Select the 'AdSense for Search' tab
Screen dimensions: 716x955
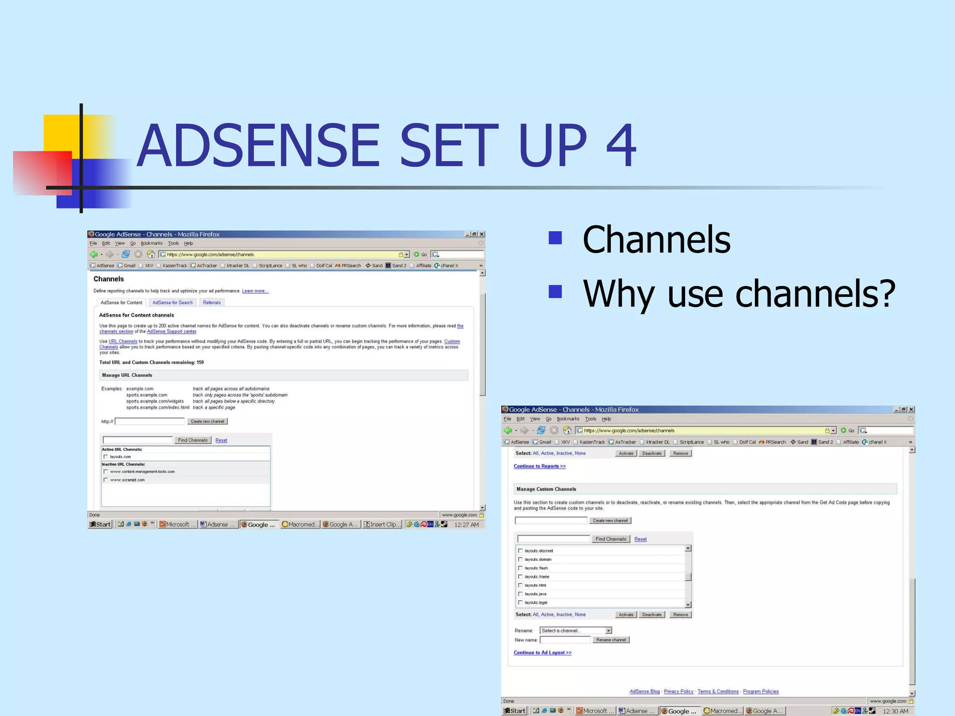click(173, 303)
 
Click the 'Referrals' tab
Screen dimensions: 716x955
click(212, 303)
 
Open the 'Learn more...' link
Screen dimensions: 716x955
click(255, 291)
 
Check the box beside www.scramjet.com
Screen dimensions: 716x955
click(106, 480)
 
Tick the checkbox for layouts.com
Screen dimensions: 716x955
click(106, 457)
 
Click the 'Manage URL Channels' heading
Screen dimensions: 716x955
click(127, 375)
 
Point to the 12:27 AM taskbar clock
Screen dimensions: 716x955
click(466, 524)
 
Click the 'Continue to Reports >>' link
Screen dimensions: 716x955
click(540, 466)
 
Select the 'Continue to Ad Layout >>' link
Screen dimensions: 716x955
click(542, 653)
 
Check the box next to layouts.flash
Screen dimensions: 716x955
click(520, 568)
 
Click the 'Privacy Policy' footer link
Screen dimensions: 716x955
click(678, 691)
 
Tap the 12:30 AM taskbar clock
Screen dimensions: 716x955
click(895, 711)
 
